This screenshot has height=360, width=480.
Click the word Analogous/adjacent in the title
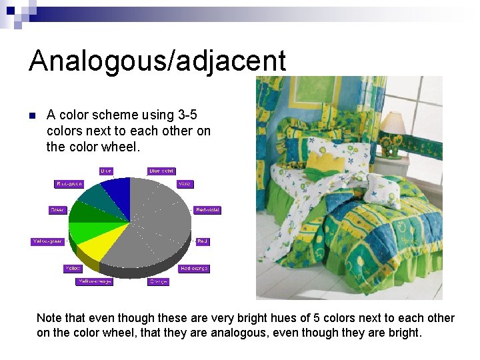point(157,61)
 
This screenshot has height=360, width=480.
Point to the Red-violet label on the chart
point(207,210)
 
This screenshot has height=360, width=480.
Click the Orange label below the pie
point(158,282)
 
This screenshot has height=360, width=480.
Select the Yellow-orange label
point(94,282)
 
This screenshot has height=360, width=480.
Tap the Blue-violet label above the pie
point(161,171)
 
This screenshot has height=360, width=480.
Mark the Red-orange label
point(194,269)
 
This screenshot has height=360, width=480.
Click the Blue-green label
point(69,184)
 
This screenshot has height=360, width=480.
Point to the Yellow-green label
point(48,241)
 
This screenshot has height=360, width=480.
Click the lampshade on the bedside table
point(393,123)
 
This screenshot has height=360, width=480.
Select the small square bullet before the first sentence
point(31,116)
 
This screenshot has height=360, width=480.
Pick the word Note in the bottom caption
point(49,318)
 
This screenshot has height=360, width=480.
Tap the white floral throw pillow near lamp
point(383,190)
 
